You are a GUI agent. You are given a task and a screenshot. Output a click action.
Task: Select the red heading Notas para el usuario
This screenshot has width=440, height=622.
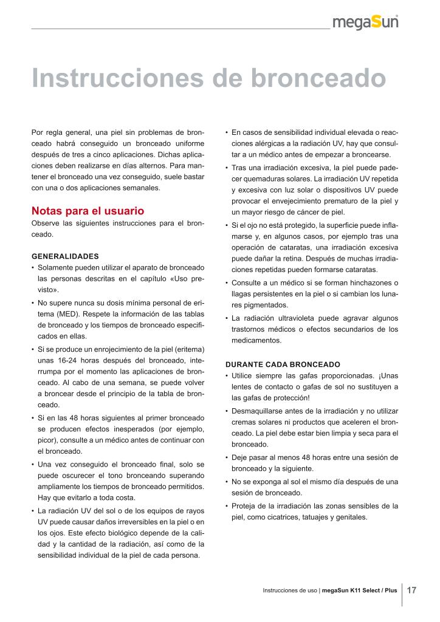click(88, 211)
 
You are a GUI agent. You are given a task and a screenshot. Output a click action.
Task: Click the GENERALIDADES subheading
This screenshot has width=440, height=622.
click(64, 256)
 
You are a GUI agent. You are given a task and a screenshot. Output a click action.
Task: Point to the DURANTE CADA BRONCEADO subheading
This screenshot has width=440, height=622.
click(283, 364)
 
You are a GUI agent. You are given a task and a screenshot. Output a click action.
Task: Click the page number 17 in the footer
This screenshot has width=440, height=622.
click(411, 590)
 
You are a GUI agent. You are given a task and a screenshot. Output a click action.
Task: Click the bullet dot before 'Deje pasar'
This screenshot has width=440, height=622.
click(227, 457)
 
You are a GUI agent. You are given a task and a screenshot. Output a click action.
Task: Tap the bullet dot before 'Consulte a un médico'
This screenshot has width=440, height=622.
click(227, 283)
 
